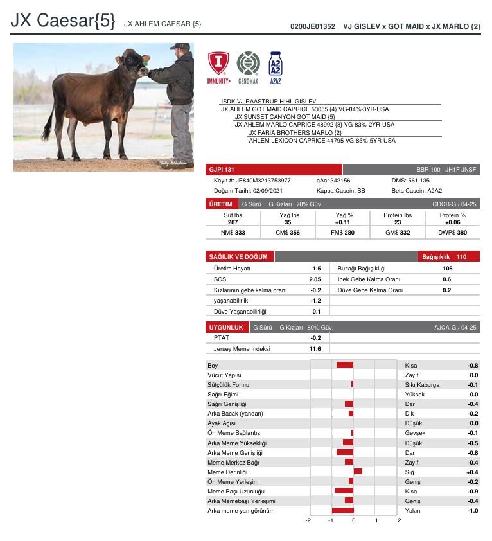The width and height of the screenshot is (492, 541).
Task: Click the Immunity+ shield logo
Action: tap(218, 65)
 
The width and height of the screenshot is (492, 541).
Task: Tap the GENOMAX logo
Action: tap(248, 65)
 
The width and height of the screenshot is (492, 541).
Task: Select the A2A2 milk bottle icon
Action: tap(276, 65)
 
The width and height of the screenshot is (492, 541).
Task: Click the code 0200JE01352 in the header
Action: tap(312, 26)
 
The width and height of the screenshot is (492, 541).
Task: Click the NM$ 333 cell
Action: tap(233, 233)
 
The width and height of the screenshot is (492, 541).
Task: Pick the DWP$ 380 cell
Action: tap(453, 233)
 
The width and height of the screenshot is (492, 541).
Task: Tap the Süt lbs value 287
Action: tap(233, 222)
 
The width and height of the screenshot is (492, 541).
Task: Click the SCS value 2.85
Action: tap(315, 279)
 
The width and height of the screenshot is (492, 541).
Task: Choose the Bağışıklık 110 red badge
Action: tap(449, 256)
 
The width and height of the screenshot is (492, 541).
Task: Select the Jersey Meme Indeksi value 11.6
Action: tap(315, 349)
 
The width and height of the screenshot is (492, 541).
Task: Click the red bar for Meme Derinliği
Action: tap(358, 472)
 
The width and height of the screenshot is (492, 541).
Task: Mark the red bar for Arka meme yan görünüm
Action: tap(342, 511)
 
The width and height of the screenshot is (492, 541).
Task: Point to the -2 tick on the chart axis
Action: tap(308, 520)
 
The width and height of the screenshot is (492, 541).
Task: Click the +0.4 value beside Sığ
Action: tap(472, 472)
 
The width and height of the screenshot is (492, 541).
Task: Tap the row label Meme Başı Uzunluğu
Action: tap(236, 492)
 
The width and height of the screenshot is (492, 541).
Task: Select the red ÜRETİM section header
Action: tap(220, 204)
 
